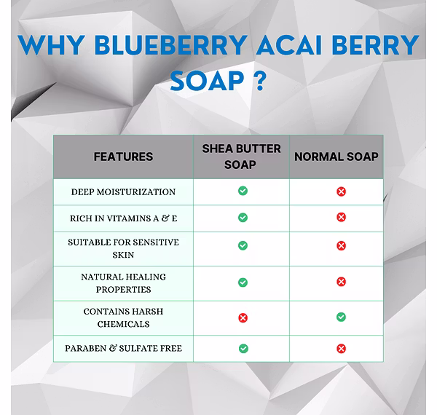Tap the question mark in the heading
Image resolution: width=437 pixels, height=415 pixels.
(x=261, y=82)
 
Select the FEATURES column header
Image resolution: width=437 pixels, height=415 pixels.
(x=123, y=157)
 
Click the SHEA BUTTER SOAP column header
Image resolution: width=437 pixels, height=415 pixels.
(x=241, y=157)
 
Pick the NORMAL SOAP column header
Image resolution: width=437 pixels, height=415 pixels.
(x=336, y=157)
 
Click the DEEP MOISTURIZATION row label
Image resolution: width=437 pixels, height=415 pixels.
(x=123, y=192)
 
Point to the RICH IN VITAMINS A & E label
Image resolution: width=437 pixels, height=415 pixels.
(x=124, y=218)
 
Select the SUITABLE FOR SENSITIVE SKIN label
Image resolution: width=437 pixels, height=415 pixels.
(x=124, y=248)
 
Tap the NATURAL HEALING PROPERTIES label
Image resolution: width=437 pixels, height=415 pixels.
(x=124, y=283)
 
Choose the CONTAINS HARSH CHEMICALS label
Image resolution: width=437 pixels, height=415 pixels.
(x=124, y=317)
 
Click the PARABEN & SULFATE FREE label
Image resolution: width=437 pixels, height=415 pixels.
(x=124, y=348)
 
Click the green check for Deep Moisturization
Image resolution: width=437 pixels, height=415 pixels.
(x=243, y=191)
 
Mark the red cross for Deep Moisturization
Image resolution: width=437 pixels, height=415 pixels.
(x=341, y=191)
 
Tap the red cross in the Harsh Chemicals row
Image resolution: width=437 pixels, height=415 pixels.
(x=243, y=317)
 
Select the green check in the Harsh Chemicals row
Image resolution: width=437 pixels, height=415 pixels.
(x=341, y=317)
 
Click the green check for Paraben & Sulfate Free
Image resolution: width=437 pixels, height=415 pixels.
(x=243, y=349)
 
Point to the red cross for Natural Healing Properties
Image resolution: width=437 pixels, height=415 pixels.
(x=341, y=282)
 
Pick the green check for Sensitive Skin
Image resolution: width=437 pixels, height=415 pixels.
(x=243, y=245)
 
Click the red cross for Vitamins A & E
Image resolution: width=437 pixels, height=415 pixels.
(x=341, y=217)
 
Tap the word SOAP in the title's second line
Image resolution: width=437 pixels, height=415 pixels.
(x=207, y=81)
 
